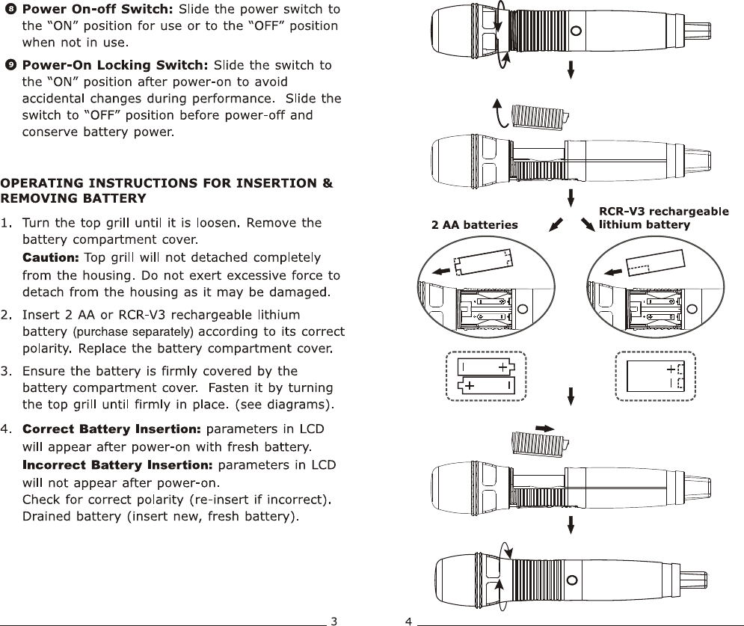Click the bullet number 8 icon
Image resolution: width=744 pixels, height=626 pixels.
pos(10,10)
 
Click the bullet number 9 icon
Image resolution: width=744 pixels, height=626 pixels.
pos(10,65)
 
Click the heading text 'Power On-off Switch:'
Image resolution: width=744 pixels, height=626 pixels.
pos(98,10)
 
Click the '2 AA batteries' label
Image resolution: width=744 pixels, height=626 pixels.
pos(475,224)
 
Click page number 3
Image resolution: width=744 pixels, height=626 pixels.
pos(334,620)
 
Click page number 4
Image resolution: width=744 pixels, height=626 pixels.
pos(408,620)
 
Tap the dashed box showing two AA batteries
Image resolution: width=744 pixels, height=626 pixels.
pos(486,376)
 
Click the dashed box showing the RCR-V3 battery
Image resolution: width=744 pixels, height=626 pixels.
pos(655,376)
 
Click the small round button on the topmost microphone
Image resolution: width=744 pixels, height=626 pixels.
pos(576,31)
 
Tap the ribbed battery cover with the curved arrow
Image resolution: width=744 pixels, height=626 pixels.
pos(538,116)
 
